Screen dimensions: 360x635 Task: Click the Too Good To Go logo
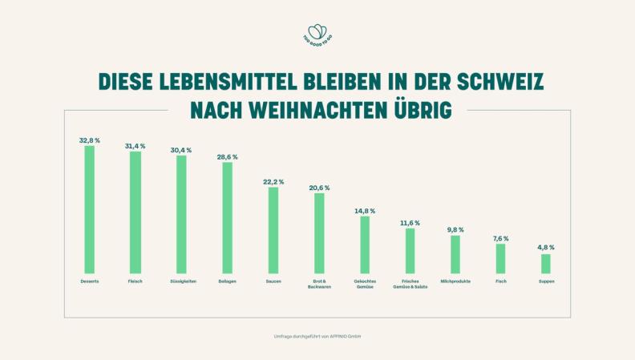317,33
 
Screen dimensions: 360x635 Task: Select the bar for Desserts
90,209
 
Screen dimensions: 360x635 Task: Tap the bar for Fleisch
135,212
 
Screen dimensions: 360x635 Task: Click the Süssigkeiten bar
181,214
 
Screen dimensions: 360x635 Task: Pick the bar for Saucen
273,230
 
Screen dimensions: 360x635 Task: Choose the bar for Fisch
500,258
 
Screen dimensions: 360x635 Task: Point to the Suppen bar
546,263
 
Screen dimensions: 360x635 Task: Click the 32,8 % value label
90,140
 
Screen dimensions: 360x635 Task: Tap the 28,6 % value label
227,157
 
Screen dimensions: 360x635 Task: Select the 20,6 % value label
319,188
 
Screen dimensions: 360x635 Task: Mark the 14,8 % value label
365,210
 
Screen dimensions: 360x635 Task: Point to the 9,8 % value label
455,230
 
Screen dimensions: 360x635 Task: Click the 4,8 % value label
546,248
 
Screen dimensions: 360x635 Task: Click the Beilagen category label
227,281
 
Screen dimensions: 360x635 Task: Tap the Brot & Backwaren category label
319,284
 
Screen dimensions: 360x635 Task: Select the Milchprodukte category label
455,281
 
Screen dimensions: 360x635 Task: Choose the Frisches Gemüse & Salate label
410,284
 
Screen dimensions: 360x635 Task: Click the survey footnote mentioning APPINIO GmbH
317,336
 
